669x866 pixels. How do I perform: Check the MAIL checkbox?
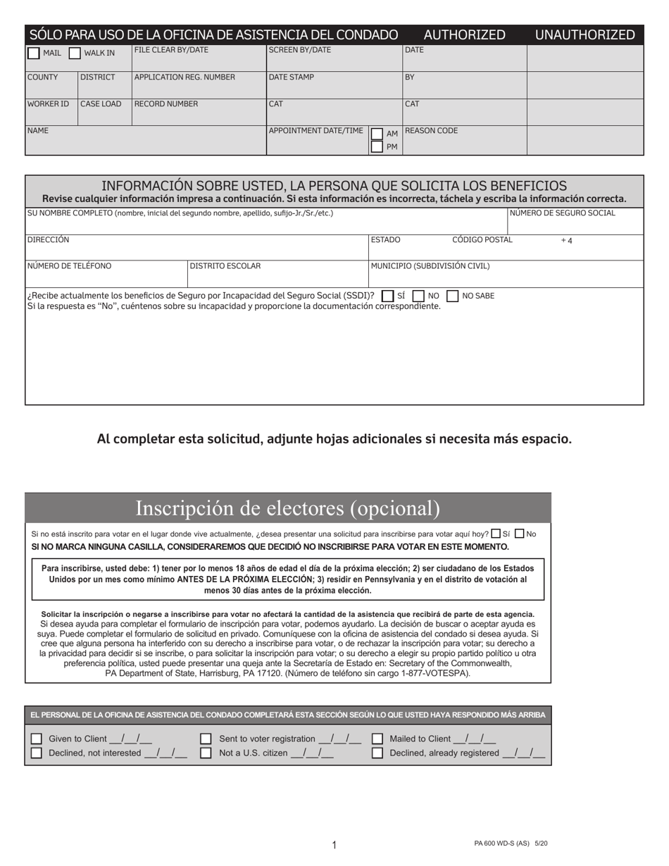[33, 53]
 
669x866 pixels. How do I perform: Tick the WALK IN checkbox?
[75, 53]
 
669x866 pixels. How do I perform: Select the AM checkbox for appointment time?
[377, 134]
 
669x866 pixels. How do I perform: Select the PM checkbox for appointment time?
[377, 146]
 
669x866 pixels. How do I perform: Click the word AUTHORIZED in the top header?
[464, 34]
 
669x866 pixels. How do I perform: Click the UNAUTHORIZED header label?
[584, 34]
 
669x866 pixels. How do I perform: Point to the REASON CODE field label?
[431, 131]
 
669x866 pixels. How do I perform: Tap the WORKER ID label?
[48, 104]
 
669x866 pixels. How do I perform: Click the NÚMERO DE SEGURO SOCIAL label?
[562, 213]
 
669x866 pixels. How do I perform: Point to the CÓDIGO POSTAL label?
[482, 240]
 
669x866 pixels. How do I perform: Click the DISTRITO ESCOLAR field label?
[225, 266]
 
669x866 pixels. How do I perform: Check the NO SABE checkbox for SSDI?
[453, 296]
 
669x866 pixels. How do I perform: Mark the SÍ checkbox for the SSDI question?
[387, 296]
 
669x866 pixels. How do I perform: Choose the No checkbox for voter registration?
[520, 534]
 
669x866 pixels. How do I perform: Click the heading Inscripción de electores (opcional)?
[287, 508]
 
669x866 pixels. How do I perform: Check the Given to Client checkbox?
[37, 739]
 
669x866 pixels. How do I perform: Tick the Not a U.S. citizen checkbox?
[206, 753]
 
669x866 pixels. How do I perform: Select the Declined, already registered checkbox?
[377, 753]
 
